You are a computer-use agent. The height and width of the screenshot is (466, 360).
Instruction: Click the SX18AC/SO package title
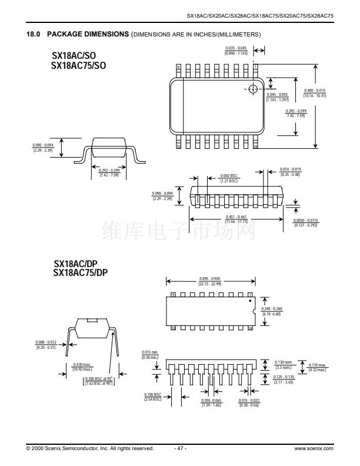pyautogui.click(x=74, y=56)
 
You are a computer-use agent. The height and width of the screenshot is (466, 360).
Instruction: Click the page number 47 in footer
pyautogui.click(x=181, y=448)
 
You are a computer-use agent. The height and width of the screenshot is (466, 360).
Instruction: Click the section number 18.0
pyautogui.click(x=33, y=35)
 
